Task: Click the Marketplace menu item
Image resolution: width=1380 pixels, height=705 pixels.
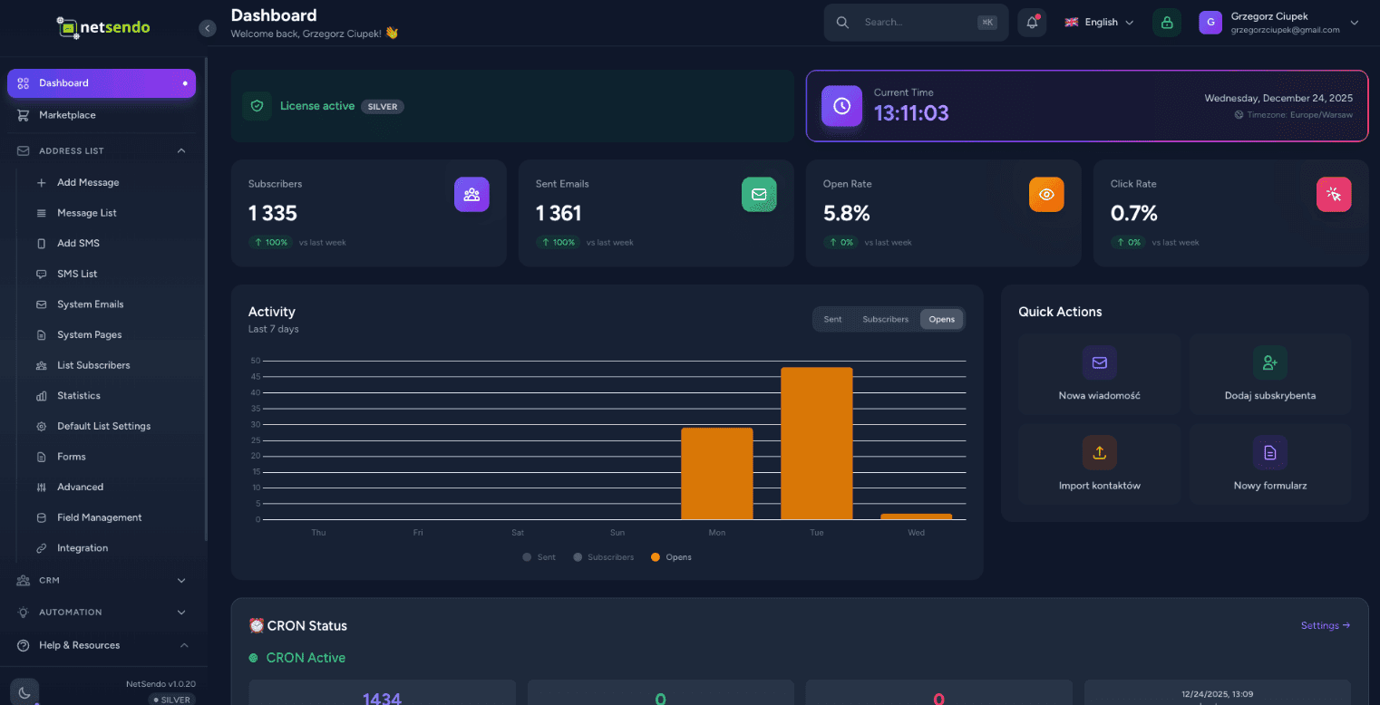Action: (x=67, y=115)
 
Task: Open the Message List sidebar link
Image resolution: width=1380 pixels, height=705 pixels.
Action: (x=87, y=213)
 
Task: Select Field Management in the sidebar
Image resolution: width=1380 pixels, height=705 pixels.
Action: (x=99, y=517)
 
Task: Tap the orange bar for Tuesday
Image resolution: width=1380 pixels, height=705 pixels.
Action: (x=816, y=443)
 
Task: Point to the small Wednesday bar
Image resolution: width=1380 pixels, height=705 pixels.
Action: (x=916, y=517)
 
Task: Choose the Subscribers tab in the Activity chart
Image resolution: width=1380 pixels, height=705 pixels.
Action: (x=885, y=319)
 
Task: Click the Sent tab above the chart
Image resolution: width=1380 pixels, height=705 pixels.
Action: (x=832, y=319)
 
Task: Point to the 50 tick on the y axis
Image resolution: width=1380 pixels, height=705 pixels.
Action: (x=256, y=361)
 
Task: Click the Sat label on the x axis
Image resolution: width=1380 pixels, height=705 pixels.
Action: (x=518, y=533)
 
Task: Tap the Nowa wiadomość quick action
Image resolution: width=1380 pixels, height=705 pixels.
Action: (x=1099, y=373)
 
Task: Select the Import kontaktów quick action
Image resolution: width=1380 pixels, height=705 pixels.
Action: (x=1099, y=464)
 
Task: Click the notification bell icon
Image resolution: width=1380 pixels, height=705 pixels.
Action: (x=1032, y=23)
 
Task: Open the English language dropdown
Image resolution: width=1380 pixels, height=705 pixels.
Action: (x=1099, y=23)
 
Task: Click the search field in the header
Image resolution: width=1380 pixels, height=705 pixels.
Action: (x=916, y=23)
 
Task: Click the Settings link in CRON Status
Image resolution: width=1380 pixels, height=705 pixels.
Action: (x=1325, y=625)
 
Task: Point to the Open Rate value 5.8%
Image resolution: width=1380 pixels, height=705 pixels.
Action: (x=846, y=214)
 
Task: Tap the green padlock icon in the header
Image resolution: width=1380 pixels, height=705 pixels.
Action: (x=1166, y=23)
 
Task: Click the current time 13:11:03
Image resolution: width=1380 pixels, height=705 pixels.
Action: (x=911, y=113)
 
